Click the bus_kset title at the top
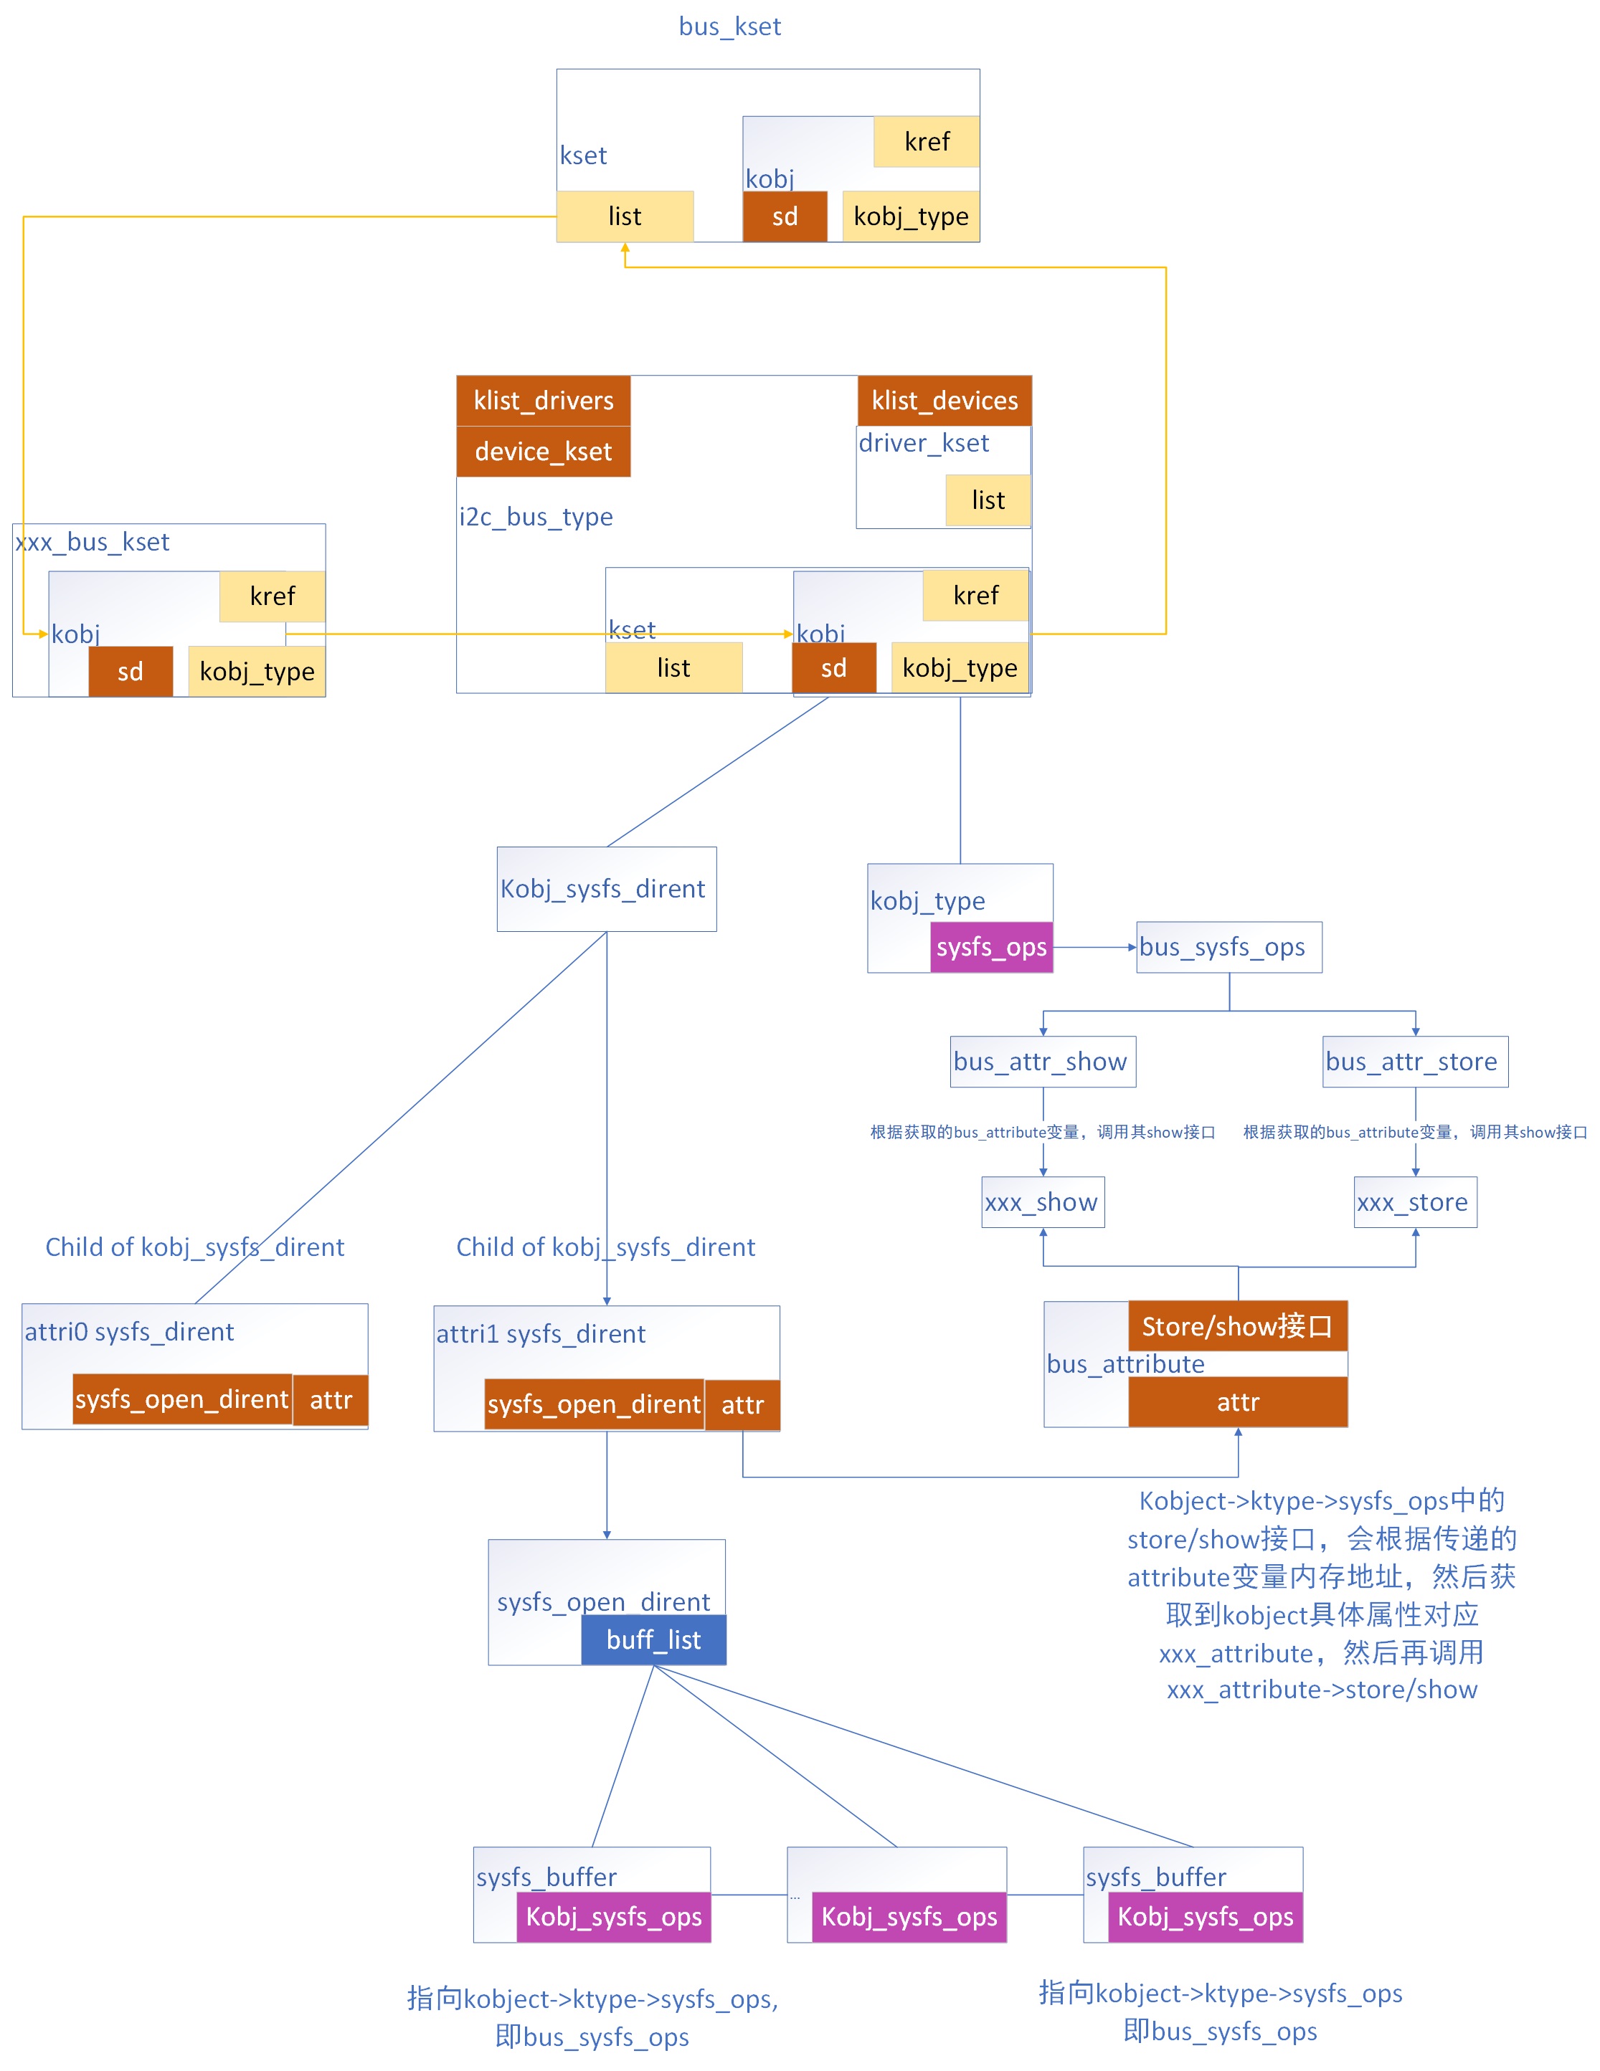pyautogui.click(x=729, y=27)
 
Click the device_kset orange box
pyautogui.click(x=544, y=452)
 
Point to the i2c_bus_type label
pyautogui.click(x=536, y=517)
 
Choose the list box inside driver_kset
pyautogui.click(x=988, y=500)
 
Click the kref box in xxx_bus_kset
pyautogui.click(x=273, y=596)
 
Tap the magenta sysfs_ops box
pyautogui.click(x=991, y=947)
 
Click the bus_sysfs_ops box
pyautogui.click(x=1229, y=947)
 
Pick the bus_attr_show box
pyautogui.click(x=1042, y=1062)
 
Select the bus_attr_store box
pyautogui.click(x=1415, y=1062)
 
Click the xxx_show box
pyautogui.click(x=1042, y=1202)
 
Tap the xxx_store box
pyautogui.click(x=1414, y=1202)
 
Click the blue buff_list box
pyautogui.click(x=653, y=1640)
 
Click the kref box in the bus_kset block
pyautogui.click(x=927, y=142)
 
